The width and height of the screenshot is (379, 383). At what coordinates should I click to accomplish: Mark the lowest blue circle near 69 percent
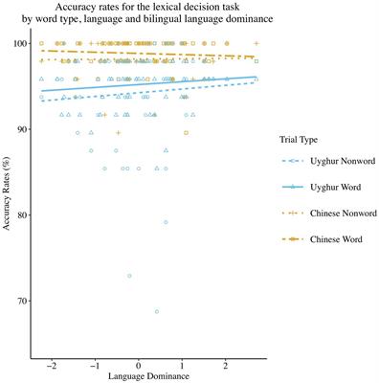(157, 311)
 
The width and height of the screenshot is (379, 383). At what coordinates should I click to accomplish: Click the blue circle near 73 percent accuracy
(129, 276)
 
